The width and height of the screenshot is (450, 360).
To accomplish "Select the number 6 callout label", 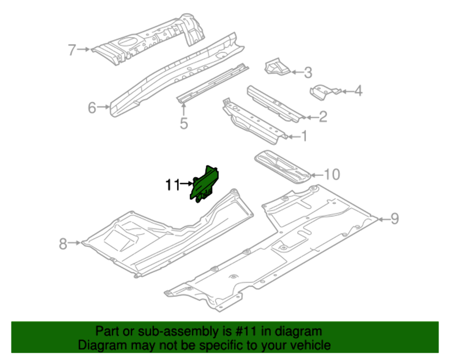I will click(x=92, y=108).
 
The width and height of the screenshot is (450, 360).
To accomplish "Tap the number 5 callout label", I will click(x=184, y=123).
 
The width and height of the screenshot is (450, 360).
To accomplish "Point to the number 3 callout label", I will click(x=308, y=72).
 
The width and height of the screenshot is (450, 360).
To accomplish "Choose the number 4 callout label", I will click(x=358, y=91).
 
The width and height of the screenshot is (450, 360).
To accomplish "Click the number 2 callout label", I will click(x=323, y=117).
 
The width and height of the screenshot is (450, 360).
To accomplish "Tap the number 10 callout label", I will click(x=332, y=174).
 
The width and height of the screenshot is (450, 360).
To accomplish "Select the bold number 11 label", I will click(x=171, y=184).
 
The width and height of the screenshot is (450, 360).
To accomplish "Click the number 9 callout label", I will click(x=394, y=219).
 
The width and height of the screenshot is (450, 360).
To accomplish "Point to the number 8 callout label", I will click(x=63, y=243).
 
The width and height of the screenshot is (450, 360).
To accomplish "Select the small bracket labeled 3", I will click(x=275, y=67).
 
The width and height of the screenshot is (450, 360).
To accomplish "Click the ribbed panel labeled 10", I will click(x=281, y=167).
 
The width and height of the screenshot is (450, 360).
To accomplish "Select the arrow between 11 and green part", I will click(x=186, y=184).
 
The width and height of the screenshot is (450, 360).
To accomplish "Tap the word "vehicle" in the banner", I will click(x=308, y=345).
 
